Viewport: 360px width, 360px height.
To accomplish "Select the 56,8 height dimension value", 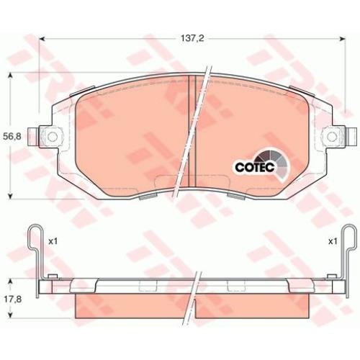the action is tap(12, 137).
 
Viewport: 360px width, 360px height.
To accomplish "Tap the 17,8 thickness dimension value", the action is tap(12, 300).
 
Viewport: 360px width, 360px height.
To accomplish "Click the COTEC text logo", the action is tap(255, 167).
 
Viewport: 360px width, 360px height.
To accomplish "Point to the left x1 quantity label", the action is tap(53, 241).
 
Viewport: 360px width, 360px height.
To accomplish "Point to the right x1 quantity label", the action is tap(333, 241).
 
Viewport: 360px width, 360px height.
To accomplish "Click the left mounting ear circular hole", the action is tap(53, 137).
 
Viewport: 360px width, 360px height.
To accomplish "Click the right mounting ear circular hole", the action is tap(332, 137).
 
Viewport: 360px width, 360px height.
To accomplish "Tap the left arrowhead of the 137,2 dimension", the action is tap(42, 39).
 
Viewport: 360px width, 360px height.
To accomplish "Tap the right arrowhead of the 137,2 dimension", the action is tap(342, 39).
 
